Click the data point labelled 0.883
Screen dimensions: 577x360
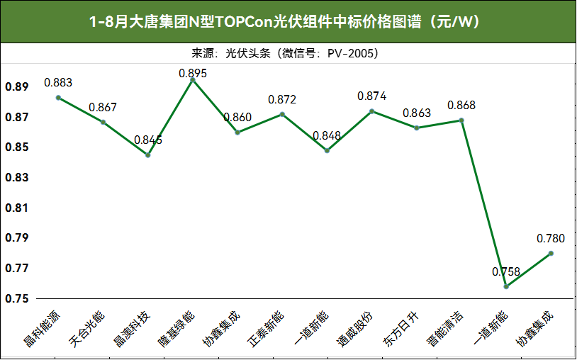click(x=58, y=98)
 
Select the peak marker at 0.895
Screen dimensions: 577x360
click(x=193, y=79)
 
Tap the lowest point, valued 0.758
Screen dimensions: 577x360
click(x=506, y=286)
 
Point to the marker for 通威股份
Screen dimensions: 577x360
click(x=371, y=111)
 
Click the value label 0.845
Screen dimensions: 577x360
click(x=148, y=140)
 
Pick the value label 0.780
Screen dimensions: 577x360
click(x=551, y=239)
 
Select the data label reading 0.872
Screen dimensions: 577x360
click(x=282, y=100)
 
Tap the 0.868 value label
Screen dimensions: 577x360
click(x=461, y=106)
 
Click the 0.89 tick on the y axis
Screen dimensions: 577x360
click(x=17, y=87)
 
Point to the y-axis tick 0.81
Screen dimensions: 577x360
click(x=17, y=208)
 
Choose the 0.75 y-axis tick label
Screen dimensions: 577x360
click(x=17, y=298)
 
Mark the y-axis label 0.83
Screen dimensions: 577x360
click(x=17, y=178)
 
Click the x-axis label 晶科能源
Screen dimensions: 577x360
click(x=43, y=329)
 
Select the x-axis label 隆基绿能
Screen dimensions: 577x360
click(x=177, y=329)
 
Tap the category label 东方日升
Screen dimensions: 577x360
click(x=400, y=329)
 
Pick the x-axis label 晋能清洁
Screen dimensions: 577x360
click(x=445, y=329)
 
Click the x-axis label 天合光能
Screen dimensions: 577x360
click(x=87, y=329)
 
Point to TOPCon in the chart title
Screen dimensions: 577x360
click(x=244, y=22)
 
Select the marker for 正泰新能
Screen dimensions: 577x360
click(x=282, y=114)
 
